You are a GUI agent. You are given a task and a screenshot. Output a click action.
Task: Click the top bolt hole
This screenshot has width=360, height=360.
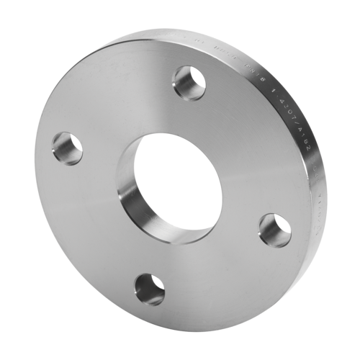[189, 83]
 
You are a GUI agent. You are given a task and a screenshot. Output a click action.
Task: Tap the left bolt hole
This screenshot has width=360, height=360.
[67, 148]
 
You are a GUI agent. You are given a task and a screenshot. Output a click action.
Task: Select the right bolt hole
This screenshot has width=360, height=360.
[274, 230]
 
